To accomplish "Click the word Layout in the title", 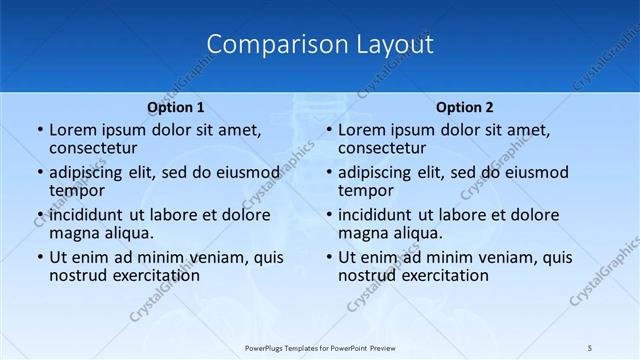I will (x=394, y=45).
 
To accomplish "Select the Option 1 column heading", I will (x=176, y=107).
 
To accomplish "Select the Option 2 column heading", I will (x=465, y=107).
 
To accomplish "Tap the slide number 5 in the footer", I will (x=590, y=347).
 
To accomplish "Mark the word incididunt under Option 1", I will (x=87, y=215).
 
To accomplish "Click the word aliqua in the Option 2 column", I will (x=419, y=234).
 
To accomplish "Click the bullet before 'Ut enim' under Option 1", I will (x=39, y=257).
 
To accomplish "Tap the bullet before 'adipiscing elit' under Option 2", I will (x=328, y=172).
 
